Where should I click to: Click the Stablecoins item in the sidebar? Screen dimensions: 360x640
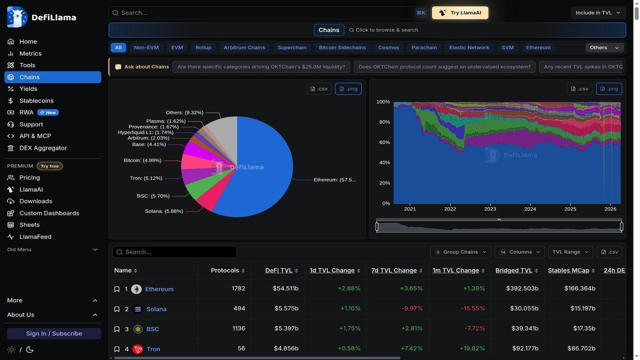[36, 101]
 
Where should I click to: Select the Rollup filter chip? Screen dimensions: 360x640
[203, 47]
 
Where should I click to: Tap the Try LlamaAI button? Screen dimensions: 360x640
[460, 13]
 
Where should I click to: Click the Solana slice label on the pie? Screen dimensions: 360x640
[164, 211]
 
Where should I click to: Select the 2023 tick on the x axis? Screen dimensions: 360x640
[490, 209]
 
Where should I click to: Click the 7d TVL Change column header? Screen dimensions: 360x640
[394, 270]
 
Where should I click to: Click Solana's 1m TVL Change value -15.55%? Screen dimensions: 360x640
[472, 309]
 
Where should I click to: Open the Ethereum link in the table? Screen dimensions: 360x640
[159, 289]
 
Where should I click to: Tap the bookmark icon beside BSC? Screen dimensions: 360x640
[117, 329]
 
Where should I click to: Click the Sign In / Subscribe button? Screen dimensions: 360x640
[54, 333]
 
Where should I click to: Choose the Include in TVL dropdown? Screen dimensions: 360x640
[598, 13]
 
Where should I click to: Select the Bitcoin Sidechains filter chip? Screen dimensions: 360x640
[342, 47]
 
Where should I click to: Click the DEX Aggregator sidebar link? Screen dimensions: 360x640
[43, 148]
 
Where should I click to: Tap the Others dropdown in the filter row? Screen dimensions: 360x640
[604, 47]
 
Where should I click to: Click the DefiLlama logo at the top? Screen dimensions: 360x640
[42, 17]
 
